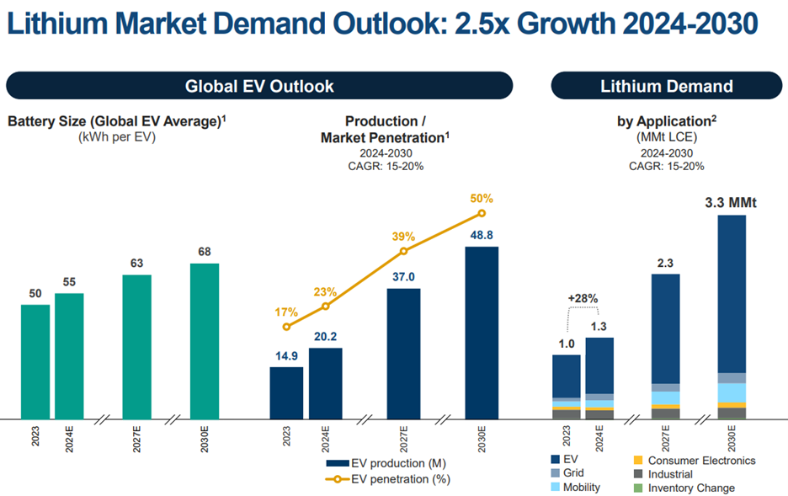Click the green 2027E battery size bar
pos(136,346)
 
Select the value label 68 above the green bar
pos(204,253)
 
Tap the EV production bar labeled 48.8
pos(482,332)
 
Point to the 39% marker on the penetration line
pos(403,251)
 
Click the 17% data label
pos(286,312)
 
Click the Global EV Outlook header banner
pos(259,86)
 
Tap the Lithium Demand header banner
pos(666,86)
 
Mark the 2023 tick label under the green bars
pos(35,439)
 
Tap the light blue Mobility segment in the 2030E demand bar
pos(732,392)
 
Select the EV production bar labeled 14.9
pos(286,392)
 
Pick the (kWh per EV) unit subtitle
pos(117,136)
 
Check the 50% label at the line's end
pos(482,199)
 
